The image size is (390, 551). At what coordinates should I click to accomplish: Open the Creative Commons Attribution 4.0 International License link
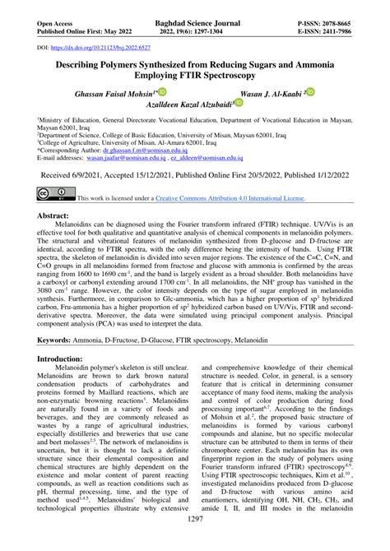point(224,199)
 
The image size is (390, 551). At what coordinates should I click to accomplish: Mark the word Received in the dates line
point(59,175)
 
